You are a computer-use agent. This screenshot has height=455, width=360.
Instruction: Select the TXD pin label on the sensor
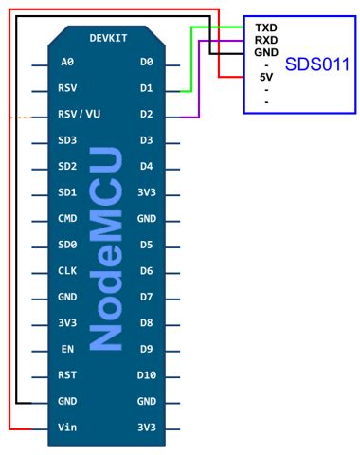pyautogui.click(x=266, y=28)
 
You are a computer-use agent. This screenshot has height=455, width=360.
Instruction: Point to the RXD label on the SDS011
pyautogui.click(x=266, y=41)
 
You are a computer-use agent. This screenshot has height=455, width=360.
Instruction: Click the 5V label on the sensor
pyautogui.click(x=266, y=76)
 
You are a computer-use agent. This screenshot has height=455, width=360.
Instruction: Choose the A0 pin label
pyautogui.click(x=66, y=64)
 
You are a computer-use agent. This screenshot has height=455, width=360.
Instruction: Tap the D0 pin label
pyautogui.click(x=145, y=64)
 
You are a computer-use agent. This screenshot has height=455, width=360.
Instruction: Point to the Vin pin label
pyautogui.click(x=68, y=427)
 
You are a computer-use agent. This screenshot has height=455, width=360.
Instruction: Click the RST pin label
pyautogui.click(x=67, y=375)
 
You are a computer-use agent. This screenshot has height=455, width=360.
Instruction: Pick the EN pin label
pyautogui.click(x=66, y=349)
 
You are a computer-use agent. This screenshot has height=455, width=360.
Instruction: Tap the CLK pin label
pyautogui.click(x=67, y=271)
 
